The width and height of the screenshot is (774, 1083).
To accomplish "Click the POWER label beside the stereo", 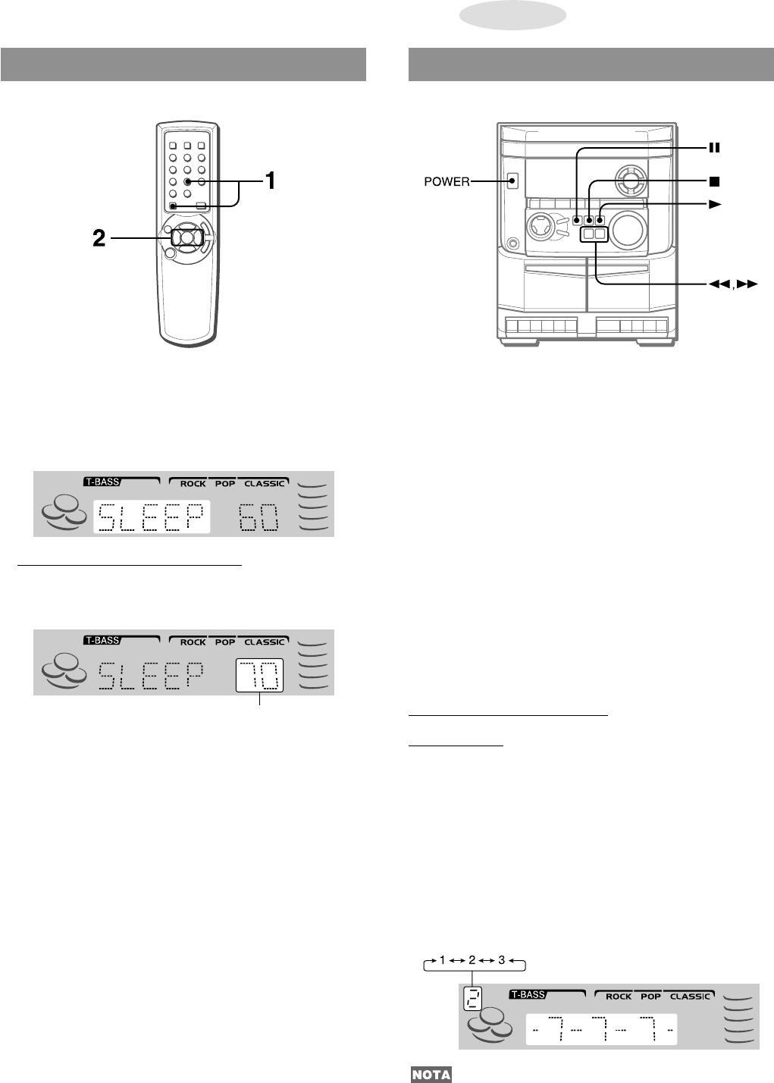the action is click(x=447, y=182).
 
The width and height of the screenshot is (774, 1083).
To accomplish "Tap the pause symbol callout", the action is click(x=714, y=148).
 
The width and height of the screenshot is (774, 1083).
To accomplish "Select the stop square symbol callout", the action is click(x=714, y=181).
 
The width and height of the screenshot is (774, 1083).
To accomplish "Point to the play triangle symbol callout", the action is click(x=715, y=205).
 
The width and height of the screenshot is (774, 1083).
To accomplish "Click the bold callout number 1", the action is click(x=271, y=180).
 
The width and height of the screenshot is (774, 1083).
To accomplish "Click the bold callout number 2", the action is click(x=99, y=238).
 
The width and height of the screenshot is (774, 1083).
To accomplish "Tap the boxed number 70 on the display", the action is click(x=259, y=676).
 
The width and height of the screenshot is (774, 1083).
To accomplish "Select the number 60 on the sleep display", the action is click(x=259, y=516).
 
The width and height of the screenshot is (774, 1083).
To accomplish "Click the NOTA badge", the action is click(x=431, y=1075).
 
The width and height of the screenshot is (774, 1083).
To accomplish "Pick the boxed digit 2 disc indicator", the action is click(x=472, y=998).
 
